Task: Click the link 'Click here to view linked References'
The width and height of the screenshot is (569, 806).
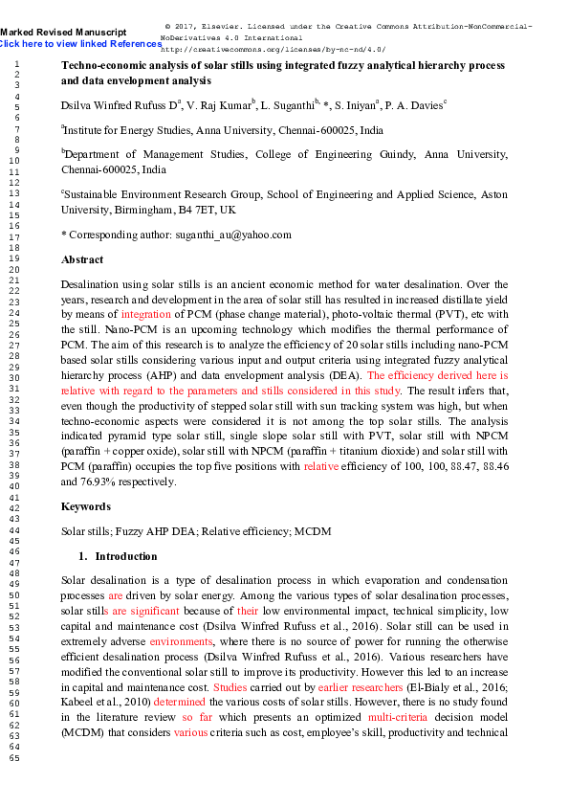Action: coord(80,44)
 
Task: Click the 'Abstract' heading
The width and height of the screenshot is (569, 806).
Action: coord(82,259)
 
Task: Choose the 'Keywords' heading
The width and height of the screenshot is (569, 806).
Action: coord(85,506)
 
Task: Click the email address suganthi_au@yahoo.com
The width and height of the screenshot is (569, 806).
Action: coord(232,234)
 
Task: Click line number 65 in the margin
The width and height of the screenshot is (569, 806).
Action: coord(13,759)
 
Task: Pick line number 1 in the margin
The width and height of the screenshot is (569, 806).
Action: coord(16,62)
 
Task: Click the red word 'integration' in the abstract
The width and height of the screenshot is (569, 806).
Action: coord(145,313)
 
